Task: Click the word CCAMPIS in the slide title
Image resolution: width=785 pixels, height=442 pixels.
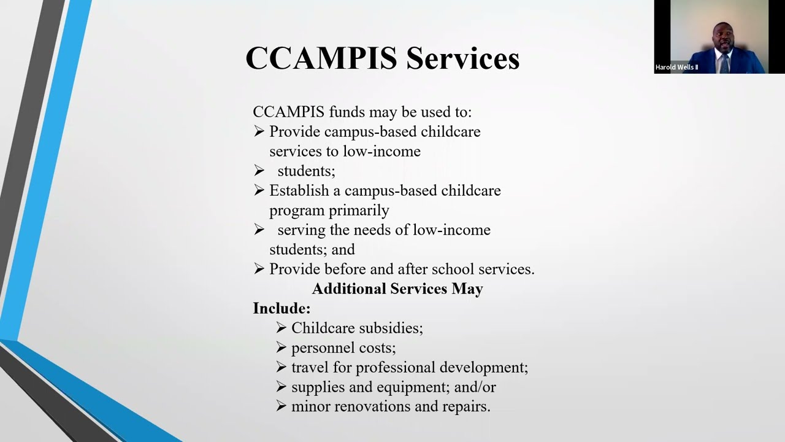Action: (x=321, y=58)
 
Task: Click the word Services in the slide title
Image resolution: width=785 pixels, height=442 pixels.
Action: (x=462, y=58)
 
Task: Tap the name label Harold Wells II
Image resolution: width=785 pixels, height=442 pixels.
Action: (x=676, y=68)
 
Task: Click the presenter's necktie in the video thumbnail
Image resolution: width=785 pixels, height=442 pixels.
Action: (x=724, y=62)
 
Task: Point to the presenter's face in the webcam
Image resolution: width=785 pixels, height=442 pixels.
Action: (x=722, y=37)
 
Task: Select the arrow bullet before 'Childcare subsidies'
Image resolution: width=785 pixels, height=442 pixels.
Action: (x=281, y=328)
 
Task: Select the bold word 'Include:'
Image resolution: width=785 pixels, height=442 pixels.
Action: (x=281, y=308)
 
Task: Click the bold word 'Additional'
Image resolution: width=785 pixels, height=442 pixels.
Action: (x=349, y=289)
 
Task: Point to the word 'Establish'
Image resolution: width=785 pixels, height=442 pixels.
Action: (x=299, y=190)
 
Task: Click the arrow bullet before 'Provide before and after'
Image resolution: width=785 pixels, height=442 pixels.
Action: (x=259, y=269)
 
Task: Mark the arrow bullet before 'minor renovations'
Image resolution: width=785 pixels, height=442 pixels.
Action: (x=281, y=406)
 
